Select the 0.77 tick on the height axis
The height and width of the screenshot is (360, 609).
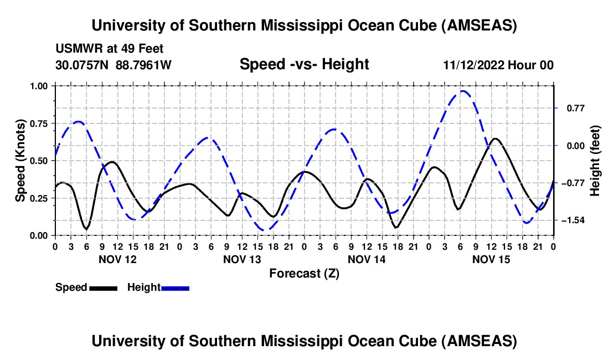point(571,108)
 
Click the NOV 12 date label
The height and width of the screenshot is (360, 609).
point(117,259)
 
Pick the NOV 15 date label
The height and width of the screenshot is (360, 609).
point(491,259)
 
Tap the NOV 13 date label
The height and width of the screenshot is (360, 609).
point(241,259)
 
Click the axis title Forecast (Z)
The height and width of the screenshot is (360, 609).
point(304,273)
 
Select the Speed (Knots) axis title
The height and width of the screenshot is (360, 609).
point(20,161)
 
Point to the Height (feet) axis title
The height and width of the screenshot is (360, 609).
point(595,161)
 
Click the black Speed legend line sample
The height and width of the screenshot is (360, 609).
point(103,288)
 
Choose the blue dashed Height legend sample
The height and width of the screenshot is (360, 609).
point(175,288)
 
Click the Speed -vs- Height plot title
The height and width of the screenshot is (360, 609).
point(304,64)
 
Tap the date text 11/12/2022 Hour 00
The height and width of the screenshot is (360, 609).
point(498,65)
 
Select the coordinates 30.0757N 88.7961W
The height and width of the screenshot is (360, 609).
point(113,65)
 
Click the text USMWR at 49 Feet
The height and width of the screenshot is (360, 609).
point(109,49)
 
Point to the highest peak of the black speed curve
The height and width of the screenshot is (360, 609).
point(495,138)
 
